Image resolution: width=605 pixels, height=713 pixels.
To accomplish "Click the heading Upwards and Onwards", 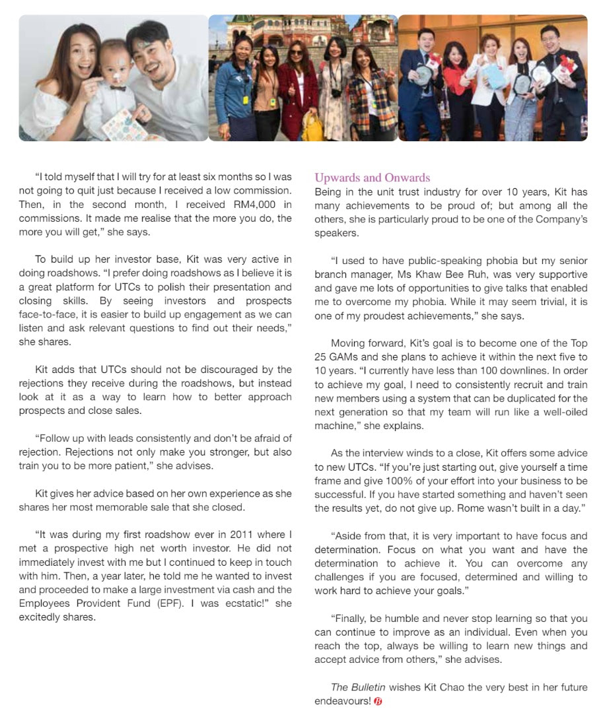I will pyautogui.click(x=372, y=178).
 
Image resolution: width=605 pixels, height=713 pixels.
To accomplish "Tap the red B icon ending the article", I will pyautogui.click(x=378, y=701).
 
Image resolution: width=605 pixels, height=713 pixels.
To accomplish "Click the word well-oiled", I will pyautogui.click(x=555, y=412).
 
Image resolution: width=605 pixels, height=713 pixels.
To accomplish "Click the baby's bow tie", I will pyautogui.click(x=118, y=87).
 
